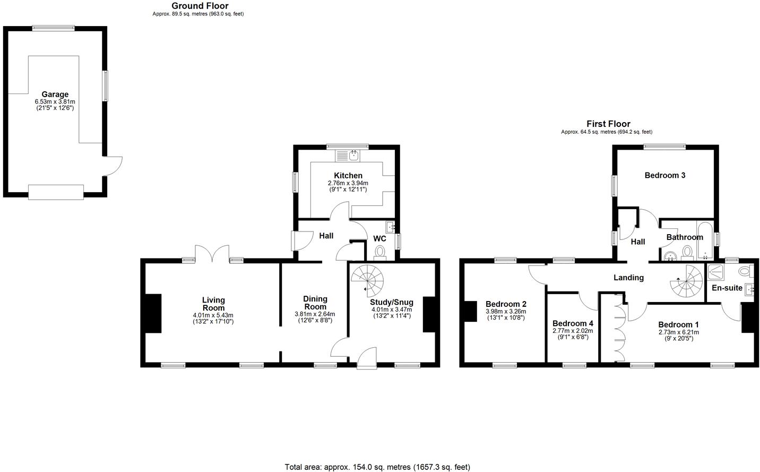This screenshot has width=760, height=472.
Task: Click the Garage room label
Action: point(55,95)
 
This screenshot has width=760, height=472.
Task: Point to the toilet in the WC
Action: point(380,251)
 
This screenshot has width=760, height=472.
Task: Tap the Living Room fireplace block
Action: point(153,313)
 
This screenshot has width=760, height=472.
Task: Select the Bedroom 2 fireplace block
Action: point(470,312)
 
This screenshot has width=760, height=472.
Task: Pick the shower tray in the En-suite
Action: point(716,272)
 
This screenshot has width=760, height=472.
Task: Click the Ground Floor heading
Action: point(200,6)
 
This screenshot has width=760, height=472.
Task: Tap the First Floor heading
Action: point(608,124)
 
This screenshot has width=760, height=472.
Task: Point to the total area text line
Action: point(377,467)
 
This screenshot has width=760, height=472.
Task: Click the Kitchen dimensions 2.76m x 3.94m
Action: point(348,183)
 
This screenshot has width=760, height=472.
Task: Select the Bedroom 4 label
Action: point(573,323)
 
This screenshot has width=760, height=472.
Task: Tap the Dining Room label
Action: point(315,303)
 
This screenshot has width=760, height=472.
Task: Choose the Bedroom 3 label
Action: point(664,175)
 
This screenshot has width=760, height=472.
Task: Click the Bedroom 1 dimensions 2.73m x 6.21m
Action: point(678,332)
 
